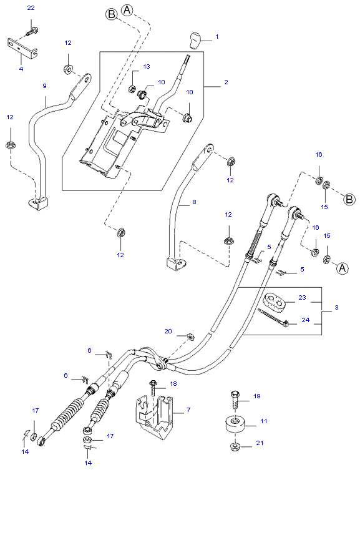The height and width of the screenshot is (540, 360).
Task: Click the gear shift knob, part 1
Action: tap(195, 41)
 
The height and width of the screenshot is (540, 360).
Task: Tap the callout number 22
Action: tap(31, 7)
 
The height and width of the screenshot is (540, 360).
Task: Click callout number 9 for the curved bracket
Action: tap(44, 86)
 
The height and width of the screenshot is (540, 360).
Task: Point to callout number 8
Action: tap(193, 202)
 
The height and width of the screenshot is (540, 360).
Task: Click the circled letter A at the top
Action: tap(127, 10)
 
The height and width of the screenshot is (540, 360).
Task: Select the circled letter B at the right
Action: tap(349, 200)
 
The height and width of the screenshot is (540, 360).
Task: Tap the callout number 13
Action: tap(147, 66)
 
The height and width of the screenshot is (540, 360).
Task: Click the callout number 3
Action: tap(336, 308)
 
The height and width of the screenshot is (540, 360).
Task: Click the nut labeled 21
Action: tap(235, 445)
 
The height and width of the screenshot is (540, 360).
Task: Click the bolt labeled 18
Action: tap(152, 388)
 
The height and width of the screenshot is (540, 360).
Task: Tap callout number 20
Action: tap(167, 331)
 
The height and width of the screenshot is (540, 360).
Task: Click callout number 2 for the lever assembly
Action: tap(226, 82)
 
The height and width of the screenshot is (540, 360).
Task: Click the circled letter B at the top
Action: tap(112, 15)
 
